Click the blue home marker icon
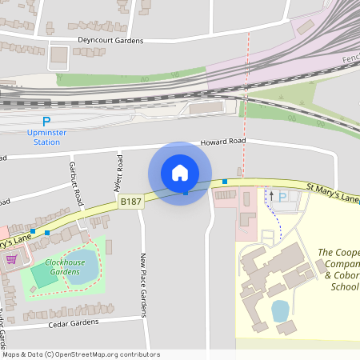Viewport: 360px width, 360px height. coord(180,173)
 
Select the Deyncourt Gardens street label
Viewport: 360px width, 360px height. coord(110,40)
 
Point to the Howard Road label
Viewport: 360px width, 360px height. coord(224,141)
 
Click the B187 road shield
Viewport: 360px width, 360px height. coord(131,202)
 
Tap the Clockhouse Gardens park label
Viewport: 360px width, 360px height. coord(65,266)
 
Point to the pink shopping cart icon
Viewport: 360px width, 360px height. coord(11,259)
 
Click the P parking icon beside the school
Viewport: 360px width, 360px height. coord(282,196)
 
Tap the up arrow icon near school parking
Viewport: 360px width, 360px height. coord(270,194)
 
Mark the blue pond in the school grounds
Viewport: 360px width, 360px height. coord(280,310)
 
